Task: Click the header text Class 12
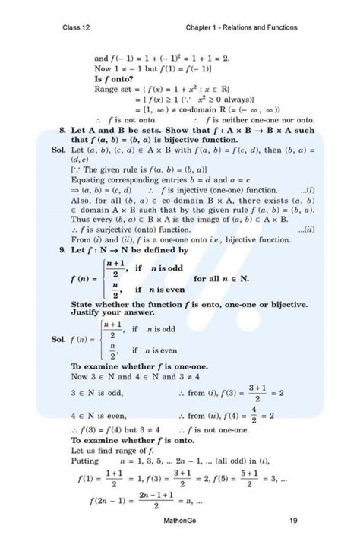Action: (x=78, y=28)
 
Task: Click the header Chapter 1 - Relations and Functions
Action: (x=241, y=28)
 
